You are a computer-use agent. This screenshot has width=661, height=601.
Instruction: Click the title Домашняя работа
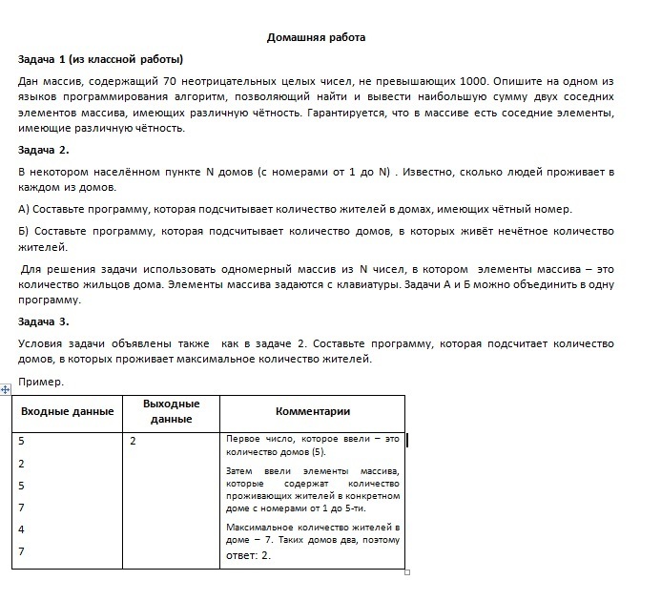[x=316, y=38]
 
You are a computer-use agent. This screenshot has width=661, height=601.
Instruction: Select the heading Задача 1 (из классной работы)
[x=100, y=59]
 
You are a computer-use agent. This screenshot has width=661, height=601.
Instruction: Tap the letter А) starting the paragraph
[x=25, y=209]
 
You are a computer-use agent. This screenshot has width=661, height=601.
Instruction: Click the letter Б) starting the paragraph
[x=25, y=231]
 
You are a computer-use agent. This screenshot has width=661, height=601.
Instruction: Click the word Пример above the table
[x=41, y=382]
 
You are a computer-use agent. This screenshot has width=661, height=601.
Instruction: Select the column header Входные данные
[x=67, y=411]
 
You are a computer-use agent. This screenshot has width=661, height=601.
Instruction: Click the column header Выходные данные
[x=171, y=411]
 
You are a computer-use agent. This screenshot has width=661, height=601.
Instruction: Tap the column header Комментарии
[x=312, y=411]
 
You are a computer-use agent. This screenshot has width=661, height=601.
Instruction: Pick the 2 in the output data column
[x=133, y=442]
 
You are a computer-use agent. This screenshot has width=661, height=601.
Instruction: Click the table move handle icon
[x=7, y=389]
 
